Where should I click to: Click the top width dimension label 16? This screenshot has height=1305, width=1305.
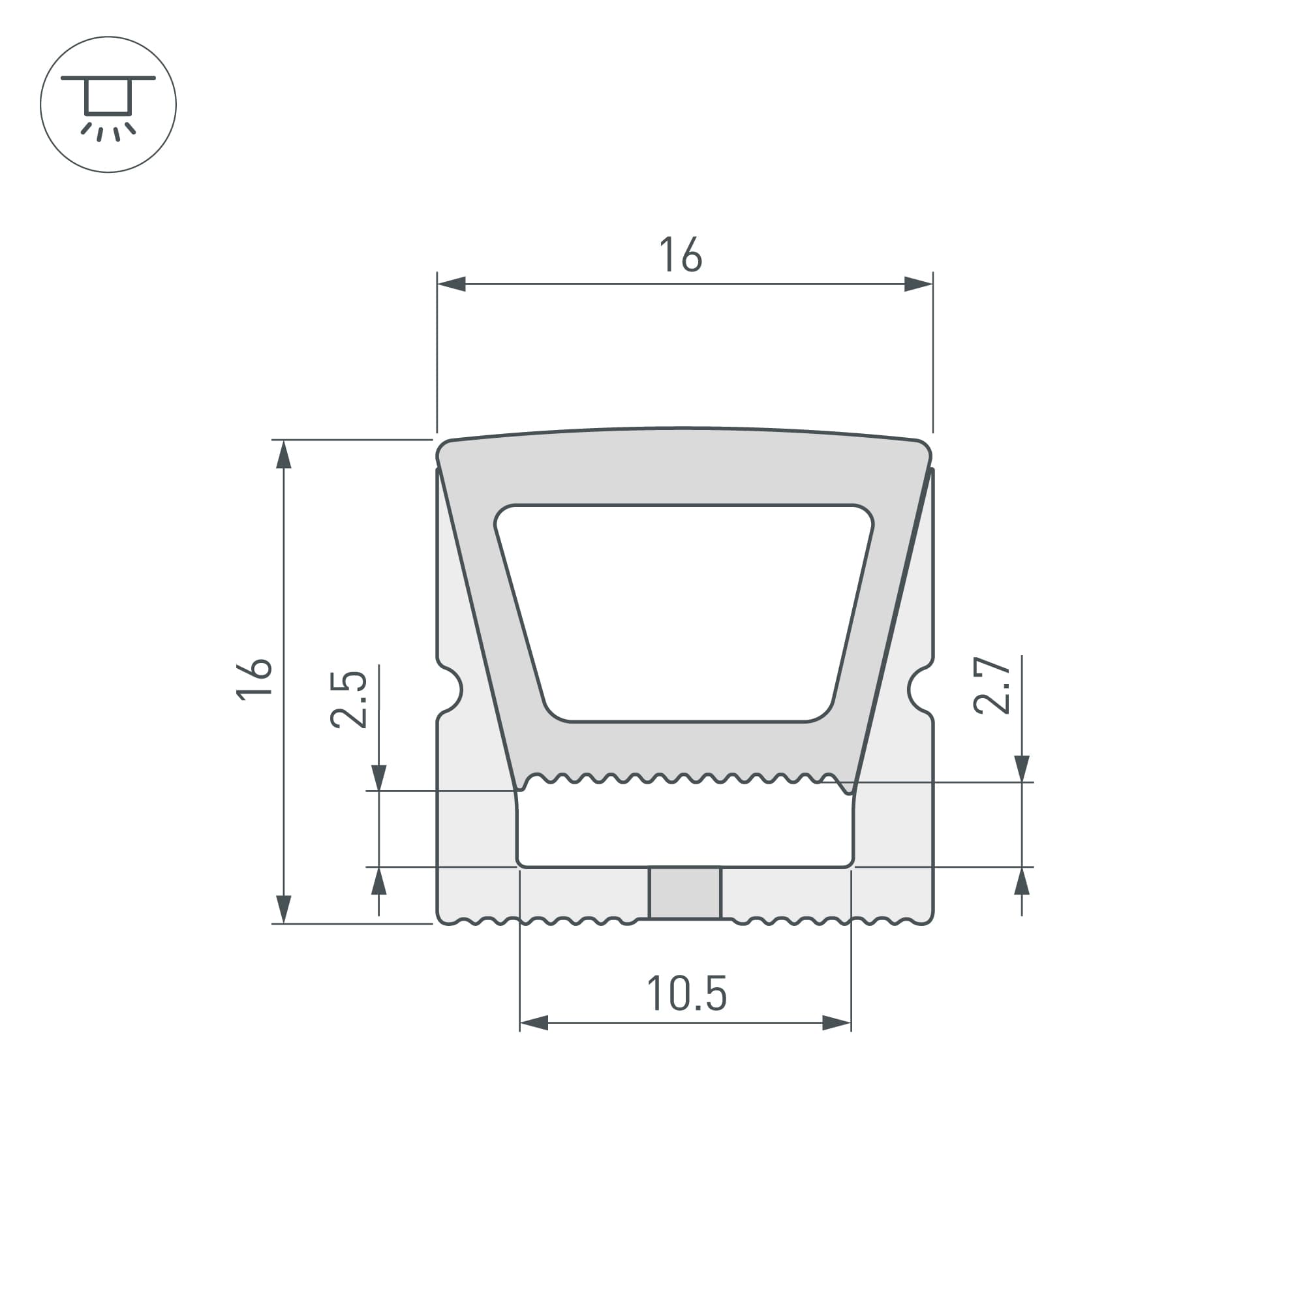681,254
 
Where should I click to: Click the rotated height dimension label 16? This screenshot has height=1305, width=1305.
254,679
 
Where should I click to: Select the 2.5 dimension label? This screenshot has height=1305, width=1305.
348,699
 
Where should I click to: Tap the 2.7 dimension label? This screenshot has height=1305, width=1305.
992,685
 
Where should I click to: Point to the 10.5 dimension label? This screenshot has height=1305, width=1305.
687,994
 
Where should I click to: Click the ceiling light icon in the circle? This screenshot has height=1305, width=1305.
108,104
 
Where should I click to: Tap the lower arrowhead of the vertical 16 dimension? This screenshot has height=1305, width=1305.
284,909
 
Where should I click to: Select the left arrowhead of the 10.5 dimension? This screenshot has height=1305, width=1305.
534,1022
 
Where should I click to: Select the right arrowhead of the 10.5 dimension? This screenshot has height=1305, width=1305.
837,1022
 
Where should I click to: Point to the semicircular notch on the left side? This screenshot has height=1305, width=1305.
452,690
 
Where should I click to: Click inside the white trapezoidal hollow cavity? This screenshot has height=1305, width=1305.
684,611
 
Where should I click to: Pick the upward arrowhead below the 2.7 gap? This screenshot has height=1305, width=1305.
1022,882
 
